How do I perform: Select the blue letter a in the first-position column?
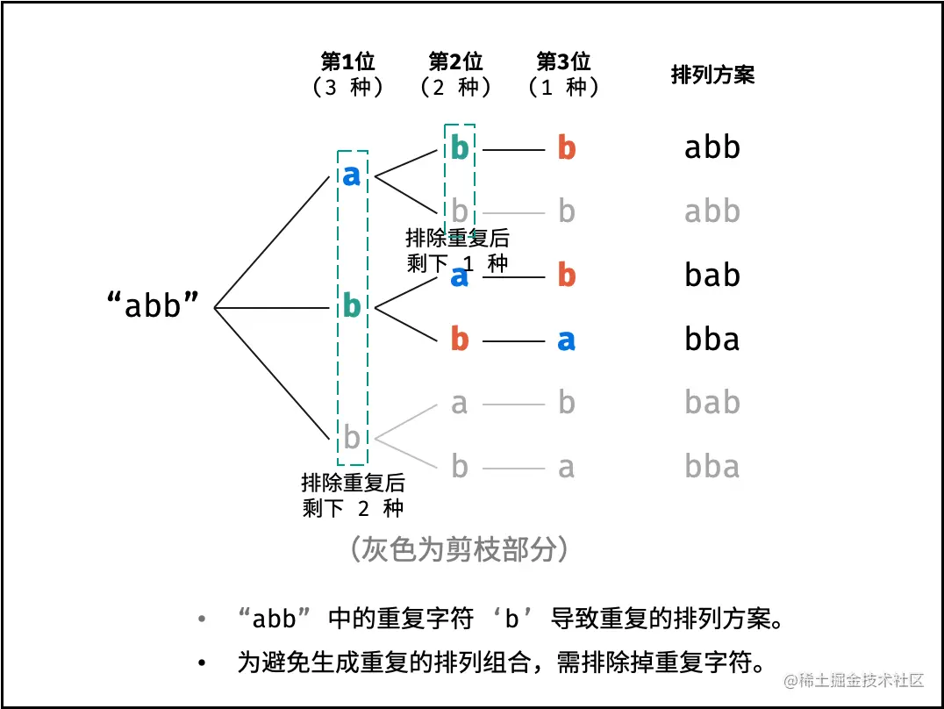click(x=352, y=176)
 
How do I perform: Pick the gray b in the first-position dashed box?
click(x=352, y=436)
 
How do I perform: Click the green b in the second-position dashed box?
click(x=460, y=148)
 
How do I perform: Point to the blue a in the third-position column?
click(x=567, y=340)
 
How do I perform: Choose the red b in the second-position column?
click(x=460, y=340)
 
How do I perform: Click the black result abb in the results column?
click(x=712, y=148)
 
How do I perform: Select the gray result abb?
click(x=712, y=211)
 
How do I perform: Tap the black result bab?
click(x=712, y=276)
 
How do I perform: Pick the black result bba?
click(x=712, y=340)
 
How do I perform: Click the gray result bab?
click(x=712, y=403)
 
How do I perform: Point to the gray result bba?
click(x=712, y=467)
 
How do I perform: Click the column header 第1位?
click(x=348, y=61)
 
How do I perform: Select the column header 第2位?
click(x=455, y=61)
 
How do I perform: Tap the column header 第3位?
click(x=563, y=61)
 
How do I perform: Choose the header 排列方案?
click(x=712, y=75)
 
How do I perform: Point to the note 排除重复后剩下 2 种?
click(x=353, y=495)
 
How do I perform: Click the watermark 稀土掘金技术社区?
click(x=855, y=680)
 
